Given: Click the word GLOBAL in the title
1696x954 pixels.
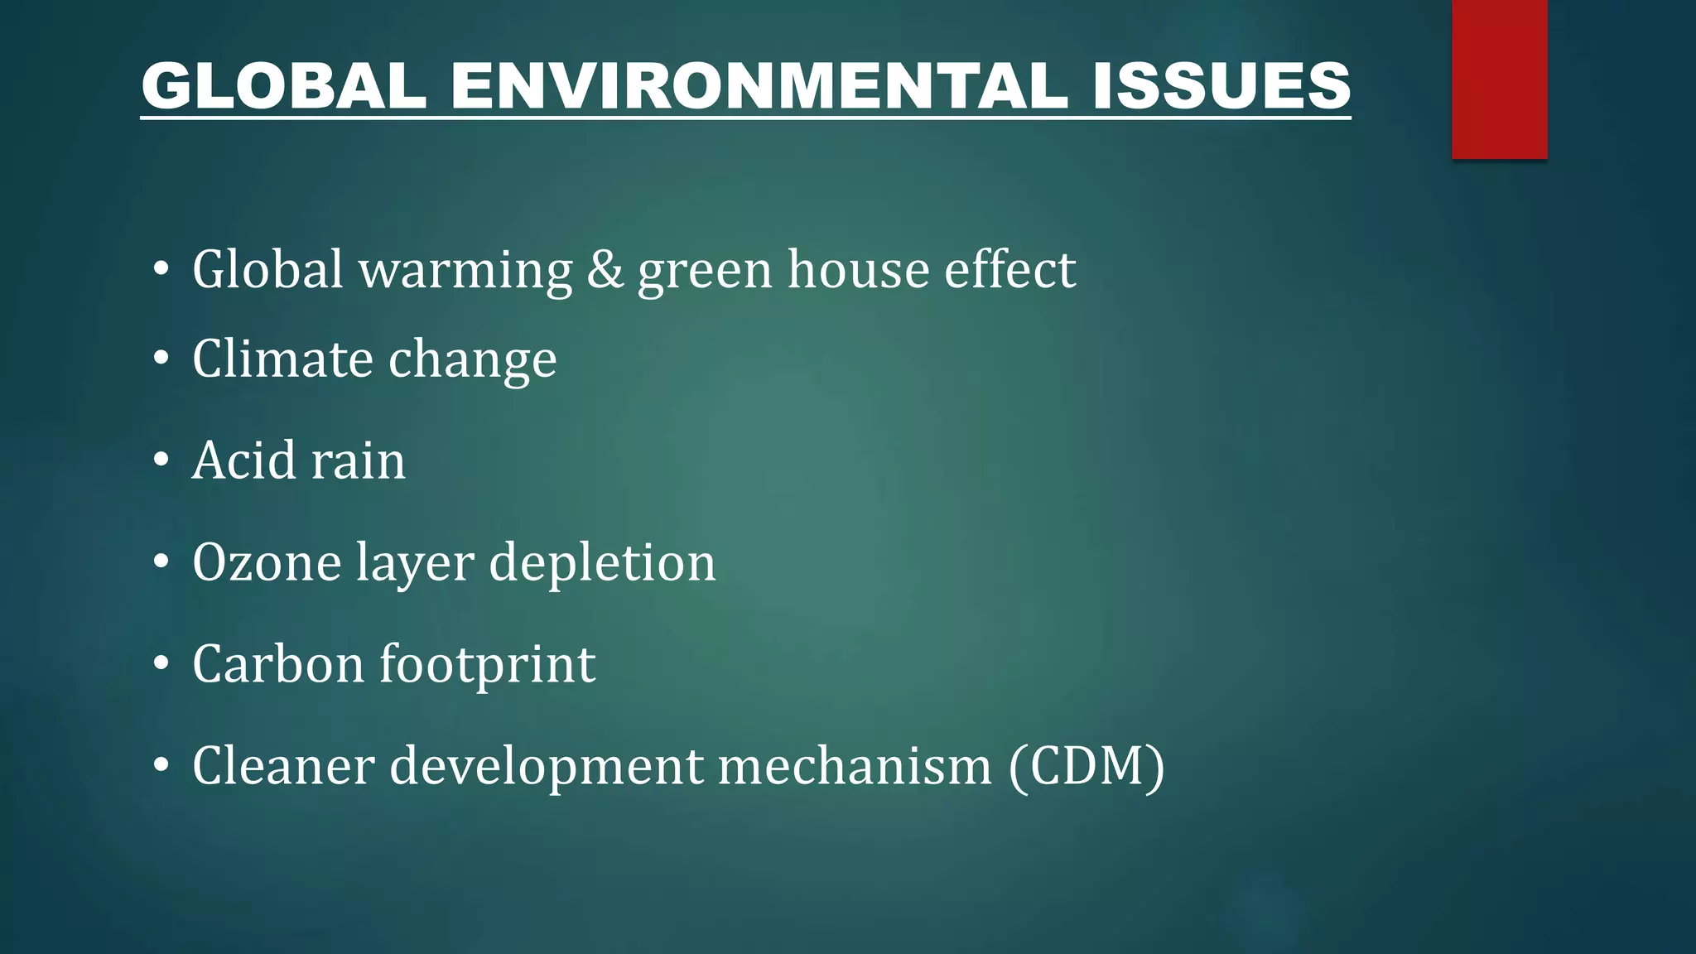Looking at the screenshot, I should click(x=284, y=85).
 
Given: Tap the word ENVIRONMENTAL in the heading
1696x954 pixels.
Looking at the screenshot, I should click(x=759, y=85).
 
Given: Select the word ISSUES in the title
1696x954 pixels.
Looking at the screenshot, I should click(x=1221, y=85).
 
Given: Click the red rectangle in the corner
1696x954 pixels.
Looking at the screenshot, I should click(x=1499, y=79).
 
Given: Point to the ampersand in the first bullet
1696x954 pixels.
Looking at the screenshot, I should click(x=605, y=270).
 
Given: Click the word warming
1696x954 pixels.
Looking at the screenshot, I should click(x=465, y=272).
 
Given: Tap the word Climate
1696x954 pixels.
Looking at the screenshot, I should click(x=282, y=359).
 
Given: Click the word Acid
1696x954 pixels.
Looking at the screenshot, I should click(x=244, y=460).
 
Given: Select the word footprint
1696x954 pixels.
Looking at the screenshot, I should click(x=487, y=666).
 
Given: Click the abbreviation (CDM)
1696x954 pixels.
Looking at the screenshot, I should click(x=1086, y=766).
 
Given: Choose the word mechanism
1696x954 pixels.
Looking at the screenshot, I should click(x=855, y=766).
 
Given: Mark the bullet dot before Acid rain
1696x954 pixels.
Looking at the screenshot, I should click(x=161, y=460).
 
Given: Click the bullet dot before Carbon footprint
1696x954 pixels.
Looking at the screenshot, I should click(x=161, y=664).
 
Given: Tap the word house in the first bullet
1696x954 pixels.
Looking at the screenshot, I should click(x=858, y=270).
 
